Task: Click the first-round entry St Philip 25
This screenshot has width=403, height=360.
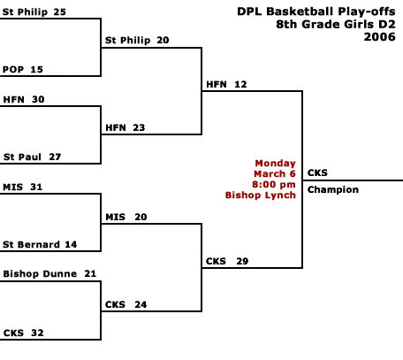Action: [x=34, y=11]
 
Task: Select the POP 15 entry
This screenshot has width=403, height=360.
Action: [x=23, y=69]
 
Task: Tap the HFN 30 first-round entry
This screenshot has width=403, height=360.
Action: [x=24, y=99]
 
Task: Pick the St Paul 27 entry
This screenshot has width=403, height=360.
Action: [x=32, y=157]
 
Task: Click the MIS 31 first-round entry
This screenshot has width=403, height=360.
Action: [x=23, y=187]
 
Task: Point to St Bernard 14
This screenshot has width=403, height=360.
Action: [x=40, y=244]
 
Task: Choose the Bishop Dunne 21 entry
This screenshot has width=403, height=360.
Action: [x=49, y=274]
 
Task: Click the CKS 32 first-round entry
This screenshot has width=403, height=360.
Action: [x=24, y=333]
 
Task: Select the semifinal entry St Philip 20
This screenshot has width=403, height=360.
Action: [x=137, y=40]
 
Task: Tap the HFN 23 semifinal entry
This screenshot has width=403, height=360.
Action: [x=125, y=127]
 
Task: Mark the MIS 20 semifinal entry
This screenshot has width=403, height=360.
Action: [x=126, y=217]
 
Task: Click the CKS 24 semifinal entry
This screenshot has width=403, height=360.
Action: [x=125, y=304]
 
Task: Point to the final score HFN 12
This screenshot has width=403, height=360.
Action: [x=226, y=84]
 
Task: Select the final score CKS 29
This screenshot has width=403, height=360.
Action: [x=227, y=261]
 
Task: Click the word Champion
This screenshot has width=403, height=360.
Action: [x=333, y=189]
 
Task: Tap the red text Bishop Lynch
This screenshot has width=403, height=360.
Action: [x=261, y=195]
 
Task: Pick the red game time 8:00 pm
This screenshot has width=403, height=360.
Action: [x=274, y=185]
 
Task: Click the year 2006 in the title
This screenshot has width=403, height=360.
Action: [x=379, y=37]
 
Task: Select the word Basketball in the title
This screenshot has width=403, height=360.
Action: [x=300, y=11]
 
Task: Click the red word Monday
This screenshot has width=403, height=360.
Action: [x=275, y=164]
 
